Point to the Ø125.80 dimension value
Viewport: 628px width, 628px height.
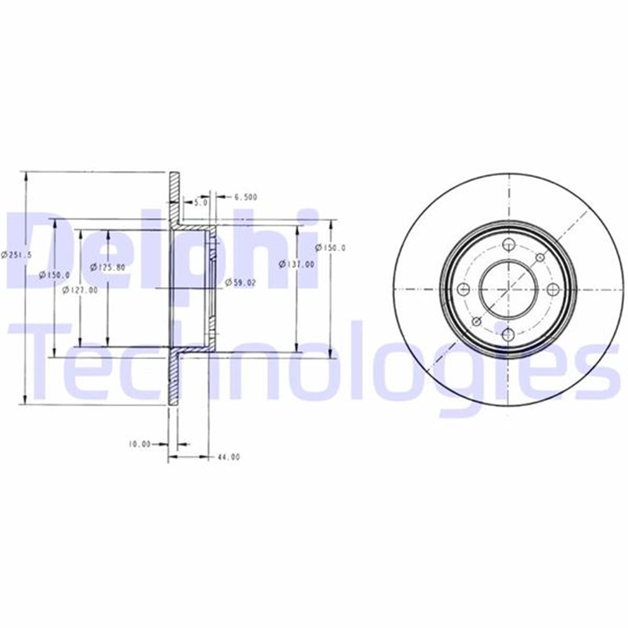[107, 267]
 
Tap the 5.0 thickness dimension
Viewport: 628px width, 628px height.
[200, 201]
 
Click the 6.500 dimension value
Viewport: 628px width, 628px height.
[245, 197]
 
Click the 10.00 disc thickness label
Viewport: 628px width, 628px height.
[139, 444]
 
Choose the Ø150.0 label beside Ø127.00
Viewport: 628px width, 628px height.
[55, 274]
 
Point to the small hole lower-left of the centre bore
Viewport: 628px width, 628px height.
[476, 321]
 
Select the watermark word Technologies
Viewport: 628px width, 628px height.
[314, 361]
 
